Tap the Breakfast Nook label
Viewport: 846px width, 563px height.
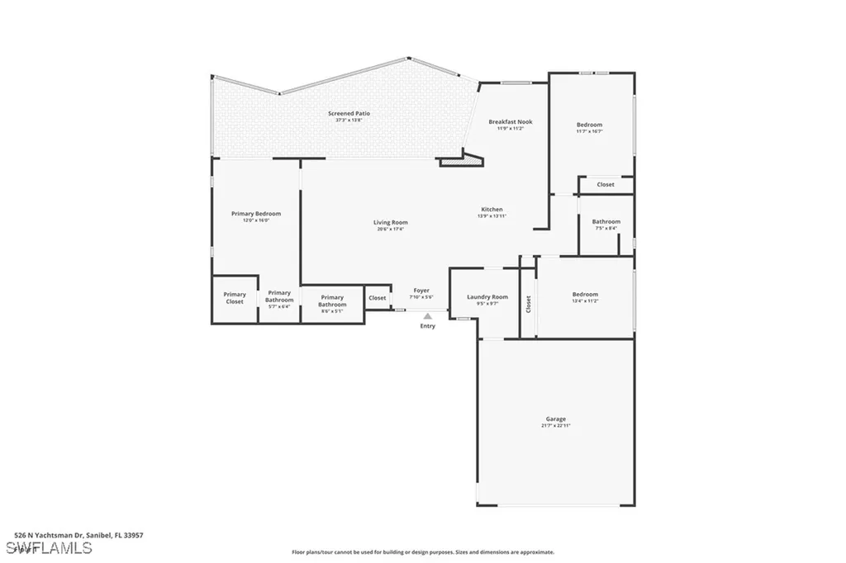[510, 122]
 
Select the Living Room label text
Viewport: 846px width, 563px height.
[390, 223]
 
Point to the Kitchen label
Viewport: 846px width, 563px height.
[492, 210]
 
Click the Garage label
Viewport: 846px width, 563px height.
[555, 419]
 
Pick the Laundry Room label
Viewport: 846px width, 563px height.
[487, 297]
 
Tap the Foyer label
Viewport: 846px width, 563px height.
[421, 291]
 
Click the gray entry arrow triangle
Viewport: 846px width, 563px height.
[427, 315]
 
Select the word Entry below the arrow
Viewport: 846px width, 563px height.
[427, 326]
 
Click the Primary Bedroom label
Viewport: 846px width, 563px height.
[255, 214]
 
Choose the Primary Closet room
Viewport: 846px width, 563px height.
[235, 298]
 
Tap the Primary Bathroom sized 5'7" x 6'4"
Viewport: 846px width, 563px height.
[279, 296]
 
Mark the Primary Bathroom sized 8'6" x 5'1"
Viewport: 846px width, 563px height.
[332, 300]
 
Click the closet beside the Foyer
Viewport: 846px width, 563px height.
[377, 298]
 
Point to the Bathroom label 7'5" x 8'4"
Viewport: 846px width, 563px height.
[606, 222]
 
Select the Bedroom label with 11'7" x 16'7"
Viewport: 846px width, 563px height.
[589, 125]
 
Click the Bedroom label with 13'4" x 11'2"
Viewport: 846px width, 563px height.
[585, 295]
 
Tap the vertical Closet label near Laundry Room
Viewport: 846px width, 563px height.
[528, 304]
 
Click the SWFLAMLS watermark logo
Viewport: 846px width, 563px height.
[49, 548]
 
